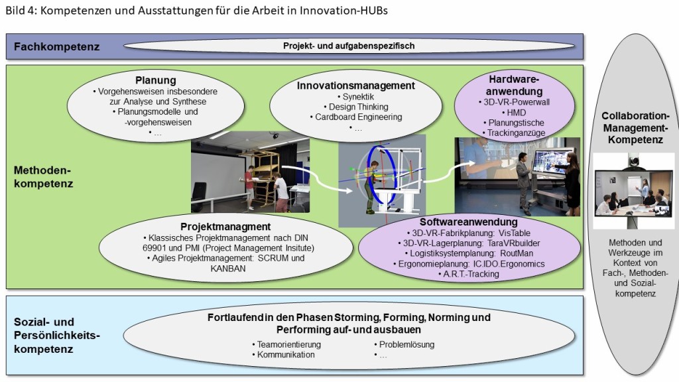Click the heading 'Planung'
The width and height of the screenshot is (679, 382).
156,81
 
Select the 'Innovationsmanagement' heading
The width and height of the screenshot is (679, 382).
356,86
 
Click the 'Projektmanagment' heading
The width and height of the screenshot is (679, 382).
225,226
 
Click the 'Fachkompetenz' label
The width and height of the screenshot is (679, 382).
57,47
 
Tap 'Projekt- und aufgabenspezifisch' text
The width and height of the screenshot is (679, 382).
349,46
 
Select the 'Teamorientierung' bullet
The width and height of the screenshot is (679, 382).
286,344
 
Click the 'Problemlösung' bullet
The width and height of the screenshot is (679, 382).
406,344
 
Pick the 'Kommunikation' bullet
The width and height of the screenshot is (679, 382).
284,355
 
